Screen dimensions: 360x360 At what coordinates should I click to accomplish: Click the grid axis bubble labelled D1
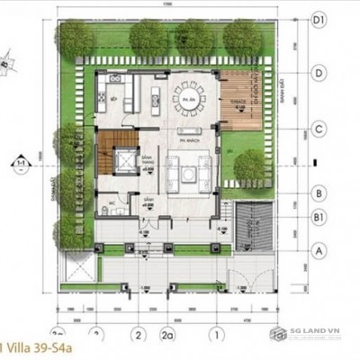coord(319,18)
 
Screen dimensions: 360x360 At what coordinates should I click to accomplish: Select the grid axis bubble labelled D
coord(319,72)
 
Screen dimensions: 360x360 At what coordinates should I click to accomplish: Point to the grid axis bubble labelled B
coord(319,193)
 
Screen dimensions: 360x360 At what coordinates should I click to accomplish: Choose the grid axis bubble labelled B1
coord(319,216)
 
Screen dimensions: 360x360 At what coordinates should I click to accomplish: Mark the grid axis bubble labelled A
coord(319,247)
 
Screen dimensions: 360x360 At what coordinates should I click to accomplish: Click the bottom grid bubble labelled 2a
coord(167,334)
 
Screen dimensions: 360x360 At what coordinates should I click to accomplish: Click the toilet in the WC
coord(107,209)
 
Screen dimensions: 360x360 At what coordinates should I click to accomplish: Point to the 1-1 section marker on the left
coord(17,165)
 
